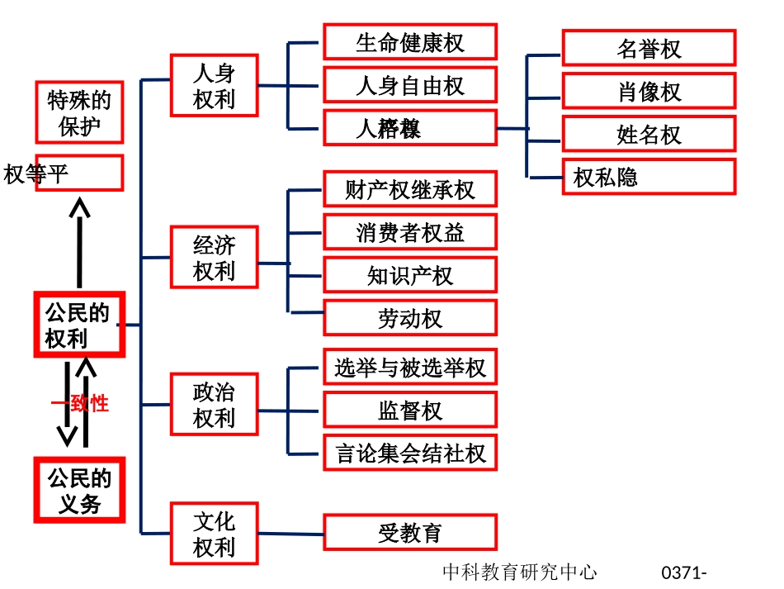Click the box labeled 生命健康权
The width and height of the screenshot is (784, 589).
click(x=410, y=42)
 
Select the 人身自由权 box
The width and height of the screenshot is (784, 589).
click(x=410, y=85)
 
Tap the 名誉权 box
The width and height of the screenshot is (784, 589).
click(x=649, y=48)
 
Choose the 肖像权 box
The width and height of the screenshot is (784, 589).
click(x=649, y=91)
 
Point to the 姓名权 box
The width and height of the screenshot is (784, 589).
click(x=649, y=134)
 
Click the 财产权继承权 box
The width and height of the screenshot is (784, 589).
click(x=410, y=189)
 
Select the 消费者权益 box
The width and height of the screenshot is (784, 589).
click(x=410, y=232)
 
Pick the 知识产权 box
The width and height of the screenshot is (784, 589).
click(x=410, y=275)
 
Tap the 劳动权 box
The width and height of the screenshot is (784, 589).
click(x=410, y=318)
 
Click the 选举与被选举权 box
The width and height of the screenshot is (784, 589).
click(x=410, y=367)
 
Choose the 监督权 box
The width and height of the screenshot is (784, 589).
click(x=410, y=410)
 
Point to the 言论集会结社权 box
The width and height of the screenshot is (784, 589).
click(x=410, y=453)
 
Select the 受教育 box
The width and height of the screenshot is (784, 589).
click(x=410, y=533)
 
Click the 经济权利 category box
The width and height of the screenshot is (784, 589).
click(x=215, y=257)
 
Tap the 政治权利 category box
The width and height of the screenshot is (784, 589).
click(x=215, y=404)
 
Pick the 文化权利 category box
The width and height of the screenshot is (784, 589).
click(x=215, y=534)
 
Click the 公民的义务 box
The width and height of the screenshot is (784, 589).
click(x=79, y=490)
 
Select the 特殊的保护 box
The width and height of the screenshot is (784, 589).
click(x=79, y=112)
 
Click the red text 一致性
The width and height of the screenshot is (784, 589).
click(x=80, y=404)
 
